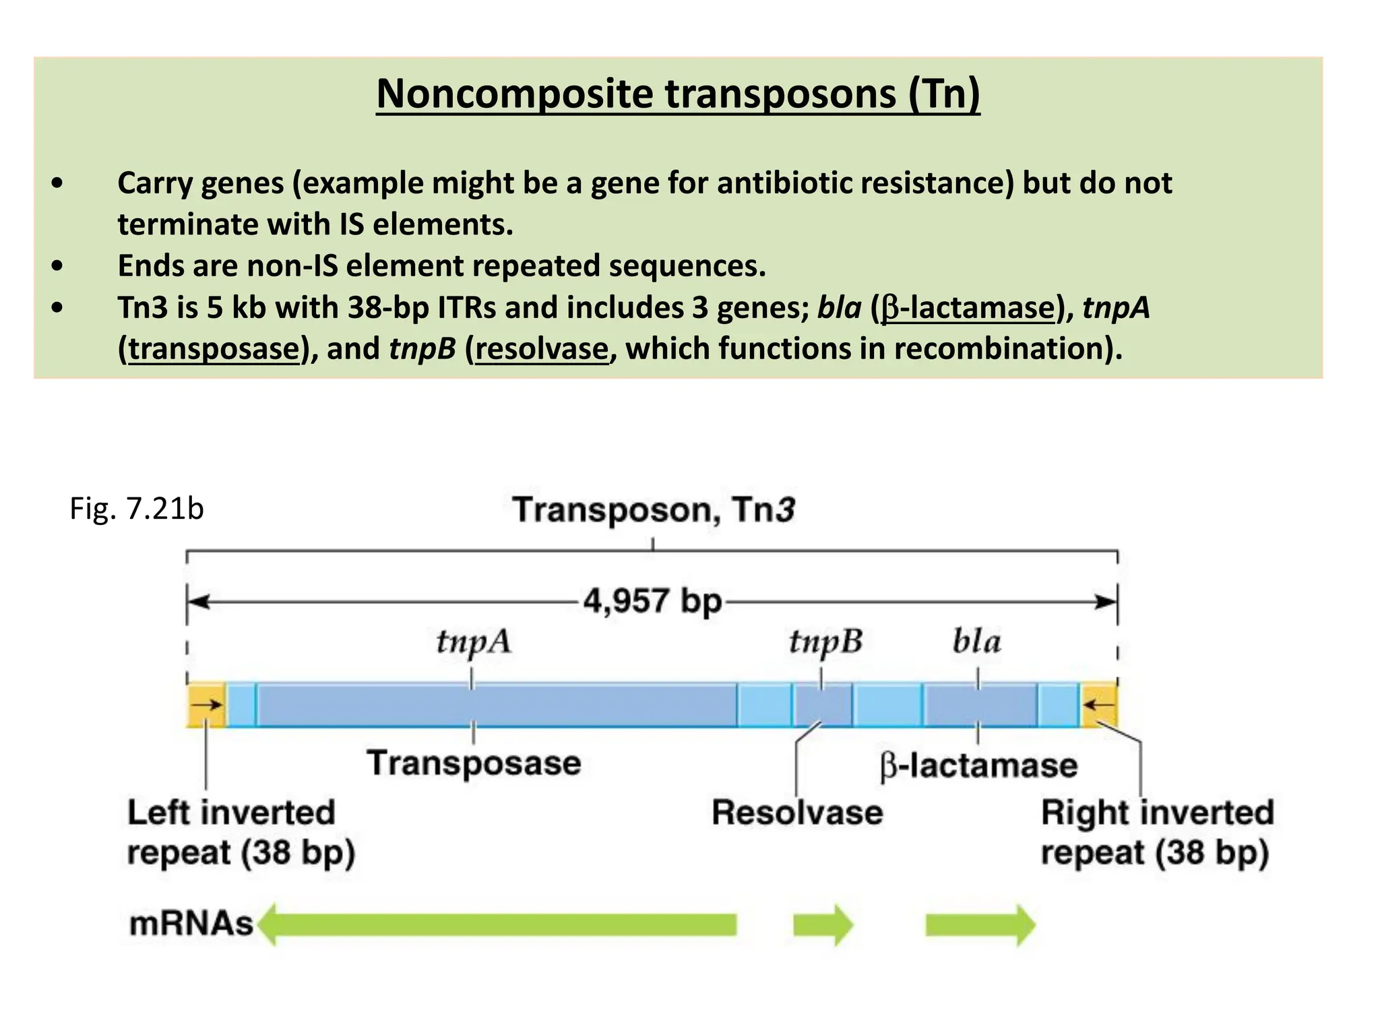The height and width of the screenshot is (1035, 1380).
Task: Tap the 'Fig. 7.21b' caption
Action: coord(137,509)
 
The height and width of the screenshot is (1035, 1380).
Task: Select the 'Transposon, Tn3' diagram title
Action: coord(654,509)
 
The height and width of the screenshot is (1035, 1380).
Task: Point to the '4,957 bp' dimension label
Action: coord(652,600)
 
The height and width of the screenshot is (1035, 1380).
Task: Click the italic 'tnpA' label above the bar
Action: coord(474,641)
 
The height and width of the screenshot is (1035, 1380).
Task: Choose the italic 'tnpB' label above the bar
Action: coord(825,641)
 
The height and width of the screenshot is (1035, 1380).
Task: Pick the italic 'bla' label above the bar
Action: coord(976,641)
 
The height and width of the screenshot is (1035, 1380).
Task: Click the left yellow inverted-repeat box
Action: coord(206,705)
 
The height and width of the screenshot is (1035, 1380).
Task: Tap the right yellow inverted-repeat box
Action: coord(1099,705)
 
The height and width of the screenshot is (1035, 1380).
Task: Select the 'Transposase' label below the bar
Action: coord(474,763)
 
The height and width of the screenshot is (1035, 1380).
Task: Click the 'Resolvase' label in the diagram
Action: coord(797,813)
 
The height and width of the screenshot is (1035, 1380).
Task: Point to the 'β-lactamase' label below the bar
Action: coord(978,766)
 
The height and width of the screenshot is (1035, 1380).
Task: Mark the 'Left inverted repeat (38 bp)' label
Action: coord(240,833)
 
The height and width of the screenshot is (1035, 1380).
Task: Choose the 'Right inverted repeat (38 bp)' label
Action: coord(1157,833)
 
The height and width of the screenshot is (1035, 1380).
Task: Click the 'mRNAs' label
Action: coord(191,924)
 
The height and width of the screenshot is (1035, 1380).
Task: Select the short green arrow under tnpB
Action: coord(823,925)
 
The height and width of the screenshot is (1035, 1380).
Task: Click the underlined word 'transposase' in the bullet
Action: coord(214,349)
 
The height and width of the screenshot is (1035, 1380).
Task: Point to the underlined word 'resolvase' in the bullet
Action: coord(542,349)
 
